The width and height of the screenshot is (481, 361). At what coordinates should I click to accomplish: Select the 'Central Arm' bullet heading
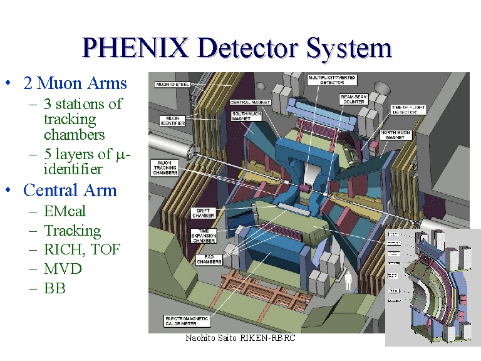(x=70, y=190)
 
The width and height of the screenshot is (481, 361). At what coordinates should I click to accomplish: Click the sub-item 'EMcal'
(x=65, y=211)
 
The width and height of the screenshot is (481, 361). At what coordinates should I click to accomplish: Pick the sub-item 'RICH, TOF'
(x=82, y=249)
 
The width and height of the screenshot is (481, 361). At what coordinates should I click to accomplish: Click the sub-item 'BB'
(x=54, y=288)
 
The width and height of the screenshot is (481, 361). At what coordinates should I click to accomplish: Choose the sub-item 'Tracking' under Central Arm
(x=72, y=231)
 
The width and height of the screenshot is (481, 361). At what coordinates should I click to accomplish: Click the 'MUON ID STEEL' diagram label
(x=172, y=83)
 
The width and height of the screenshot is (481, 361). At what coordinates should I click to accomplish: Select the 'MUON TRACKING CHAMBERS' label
(x=165, y=167)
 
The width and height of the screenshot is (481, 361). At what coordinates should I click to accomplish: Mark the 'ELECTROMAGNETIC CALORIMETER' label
(x=188, y=321)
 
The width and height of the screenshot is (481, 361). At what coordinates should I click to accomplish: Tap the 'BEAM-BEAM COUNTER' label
(x=357, y=99)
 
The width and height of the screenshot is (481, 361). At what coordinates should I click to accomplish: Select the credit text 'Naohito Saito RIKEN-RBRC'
(x=240, y=338)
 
